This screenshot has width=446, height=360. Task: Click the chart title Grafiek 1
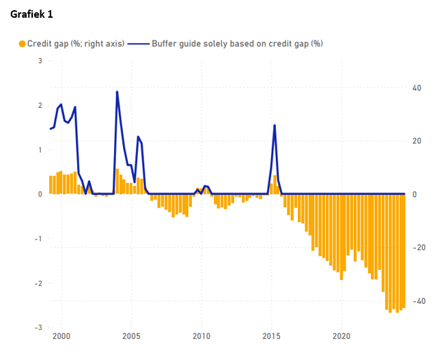pos(31,14)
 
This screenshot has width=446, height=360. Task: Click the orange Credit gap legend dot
pos(22,44)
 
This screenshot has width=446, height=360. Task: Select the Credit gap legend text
pos(76,44)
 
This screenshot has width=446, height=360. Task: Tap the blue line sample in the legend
pos(139,44)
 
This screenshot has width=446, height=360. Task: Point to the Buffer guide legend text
pos(237,44)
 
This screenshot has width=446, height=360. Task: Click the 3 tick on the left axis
pos(40,61)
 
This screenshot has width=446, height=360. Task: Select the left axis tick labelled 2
pos(40,105)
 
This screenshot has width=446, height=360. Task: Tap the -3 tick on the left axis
pos(38,328)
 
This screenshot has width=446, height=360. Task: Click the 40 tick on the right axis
pos(417,88)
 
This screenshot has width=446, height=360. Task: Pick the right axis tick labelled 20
pos(417,141)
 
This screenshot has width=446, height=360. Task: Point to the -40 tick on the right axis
pos(419,301)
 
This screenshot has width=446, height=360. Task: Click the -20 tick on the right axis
pos(419,247)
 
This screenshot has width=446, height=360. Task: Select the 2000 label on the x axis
pos(61,336)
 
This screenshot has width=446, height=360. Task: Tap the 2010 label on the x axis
pos(201,336)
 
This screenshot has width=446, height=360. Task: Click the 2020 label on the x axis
pos(342,336)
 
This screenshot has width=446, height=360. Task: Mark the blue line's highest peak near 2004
pos(117,92)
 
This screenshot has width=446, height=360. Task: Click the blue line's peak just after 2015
pos(275,125)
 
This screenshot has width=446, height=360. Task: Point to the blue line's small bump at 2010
pos(206,186)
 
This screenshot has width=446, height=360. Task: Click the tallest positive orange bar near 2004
pos(117,181)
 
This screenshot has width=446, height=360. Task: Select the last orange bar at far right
pos(404,251)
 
